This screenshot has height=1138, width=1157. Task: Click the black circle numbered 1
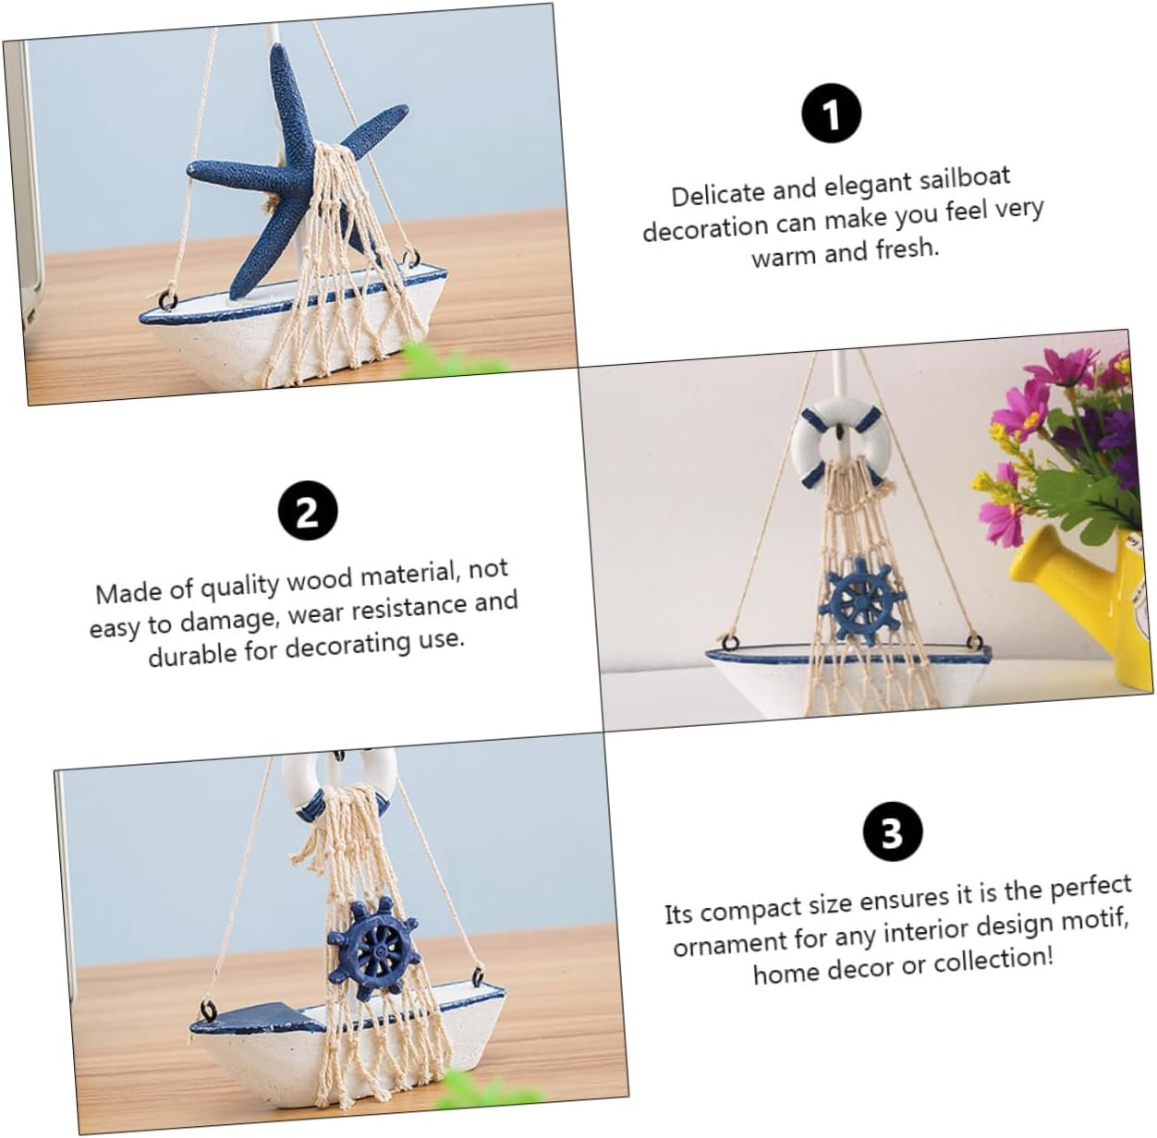(832, 114)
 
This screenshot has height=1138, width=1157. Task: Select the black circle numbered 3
(892, 832)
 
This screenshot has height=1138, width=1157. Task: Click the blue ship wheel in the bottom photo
(373, 949)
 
